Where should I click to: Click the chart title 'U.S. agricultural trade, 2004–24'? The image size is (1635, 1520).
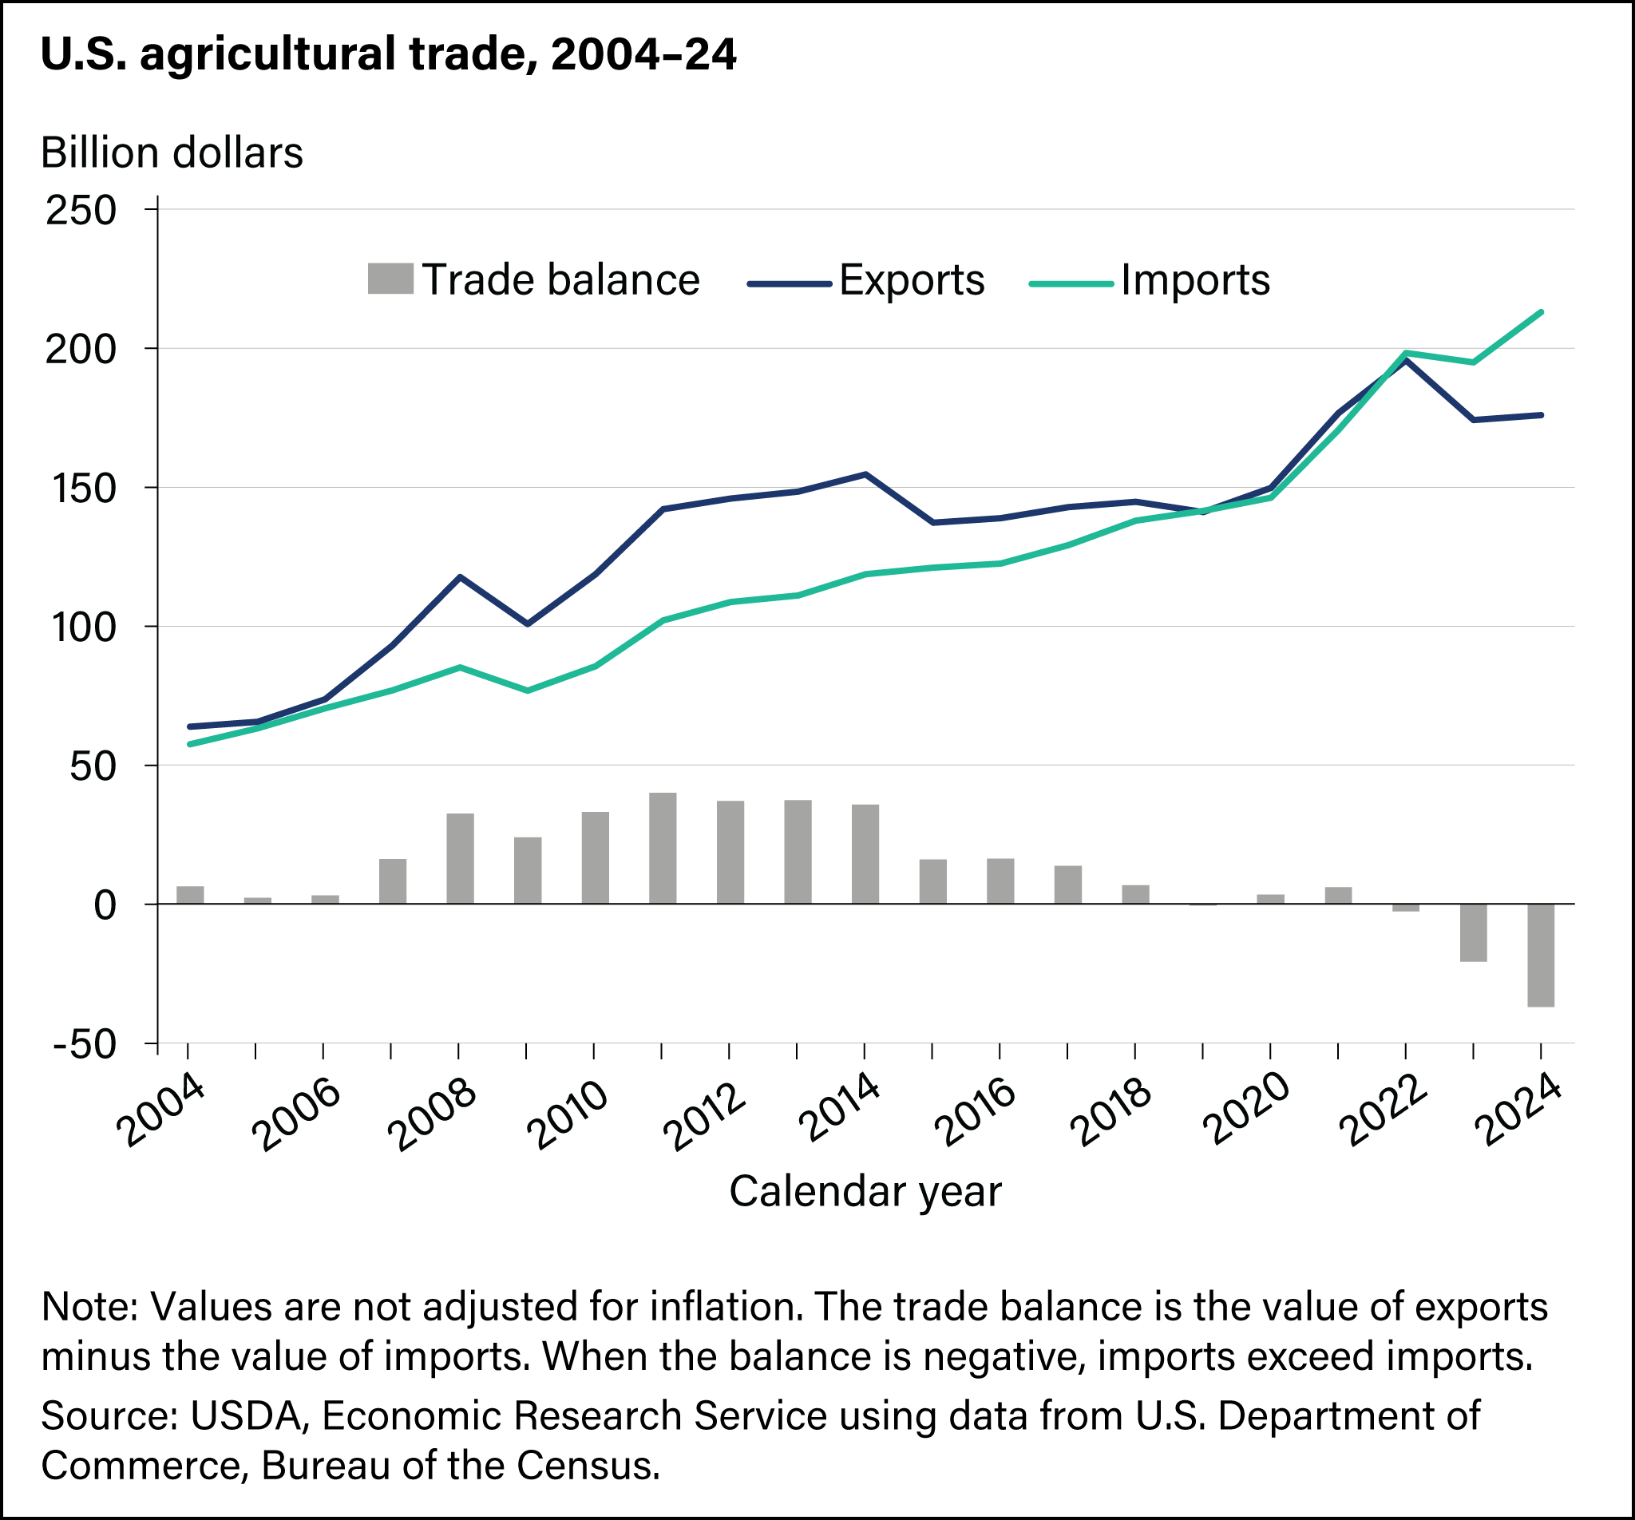388,55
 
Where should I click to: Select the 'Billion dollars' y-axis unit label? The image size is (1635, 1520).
172,153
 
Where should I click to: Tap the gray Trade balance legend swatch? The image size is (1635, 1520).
390,279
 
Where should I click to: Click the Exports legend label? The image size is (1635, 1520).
911,280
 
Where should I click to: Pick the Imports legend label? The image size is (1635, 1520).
1195,280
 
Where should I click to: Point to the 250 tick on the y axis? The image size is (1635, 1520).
81,211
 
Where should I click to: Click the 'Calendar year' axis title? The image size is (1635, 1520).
865,1192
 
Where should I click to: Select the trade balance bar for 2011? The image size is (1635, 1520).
662,848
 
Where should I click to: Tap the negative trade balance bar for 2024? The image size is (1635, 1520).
1541,955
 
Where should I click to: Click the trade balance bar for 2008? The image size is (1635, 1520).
460,858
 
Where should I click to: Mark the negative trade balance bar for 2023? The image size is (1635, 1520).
1473,932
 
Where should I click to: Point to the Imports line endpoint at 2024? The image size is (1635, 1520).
1541,311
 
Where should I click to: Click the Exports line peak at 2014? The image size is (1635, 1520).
865,473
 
